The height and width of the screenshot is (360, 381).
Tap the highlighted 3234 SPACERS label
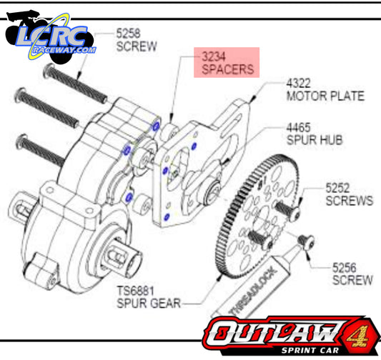click(x=227, y=63)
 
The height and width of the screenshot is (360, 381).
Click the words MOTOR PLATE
click(x=325, y=95)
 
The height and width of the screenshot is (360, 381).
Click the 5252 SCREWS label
click(x=349, y=194)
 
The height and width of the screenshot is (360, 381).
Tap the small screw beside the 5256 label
click(x=307, y=242)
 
